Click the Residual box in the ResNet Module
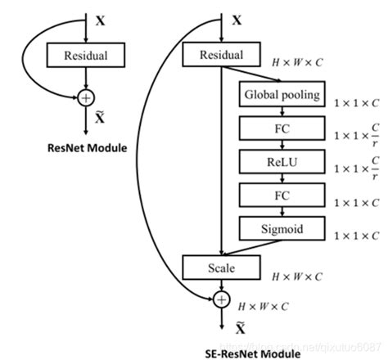[x=86, y=56]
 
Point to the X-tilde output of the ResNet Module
[x=100, y=119]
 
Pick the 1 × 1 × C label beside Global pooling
[x=355, y=104]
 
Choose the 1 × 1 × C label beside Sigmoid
[x=355, y=236]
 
